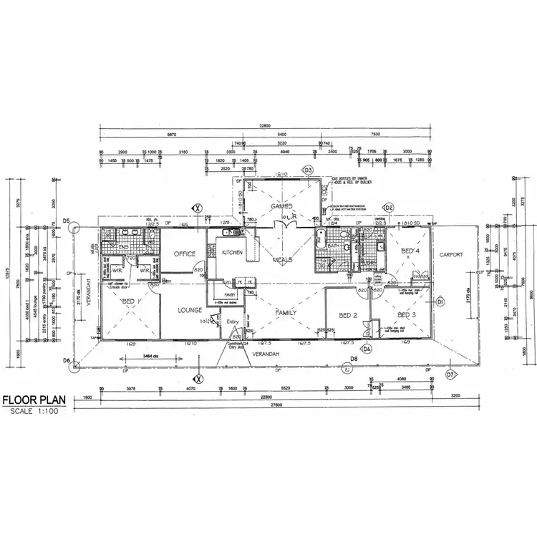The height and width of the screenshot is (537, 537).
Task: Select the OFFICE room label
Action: point(184,254)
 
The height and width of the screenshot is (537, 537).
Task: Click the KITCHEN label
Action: point(233,253)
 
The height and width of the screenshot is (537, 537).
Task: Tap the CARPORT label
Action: point(453,254)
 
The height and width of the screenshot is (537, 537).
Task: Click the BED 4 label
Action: point(410,251)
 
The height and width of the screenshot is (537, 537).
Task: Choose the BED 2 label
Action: point(348,316)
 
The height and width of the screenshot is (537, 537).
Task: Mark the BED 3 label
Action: point(406,315)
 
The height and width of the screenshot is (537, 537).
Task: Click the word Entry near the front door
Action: point(233,322)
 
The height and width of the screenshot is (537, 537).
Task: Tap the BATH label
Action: point(332,246)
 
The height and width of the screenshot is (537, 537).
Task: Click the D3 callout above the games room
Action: point(308,170)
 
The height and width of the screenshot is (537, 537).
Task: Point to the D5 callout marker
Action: point(66,223)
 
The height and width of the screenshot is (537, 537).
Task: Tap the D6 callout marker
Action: point(66,361)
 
